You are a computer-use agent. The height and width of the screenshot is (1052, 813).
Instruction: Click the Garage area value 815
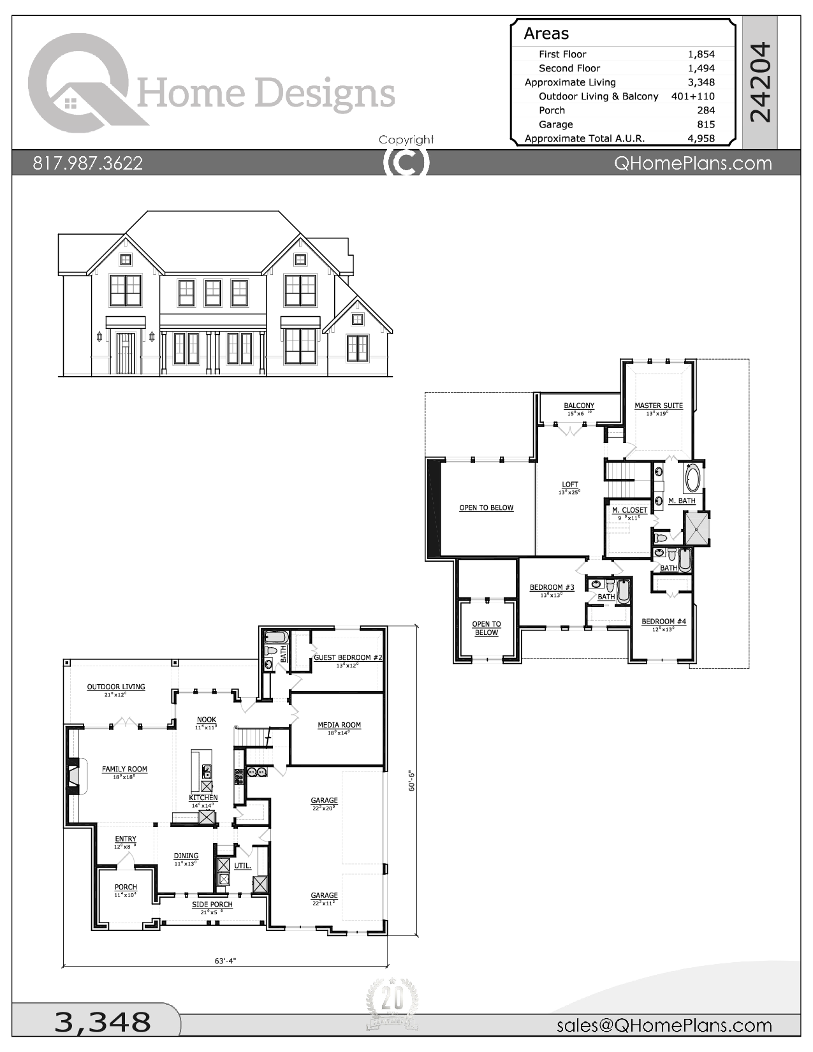[x=705, y=124]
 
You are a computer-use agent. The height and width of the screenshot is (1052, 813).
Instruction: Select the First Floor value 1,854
[x=701, y=54]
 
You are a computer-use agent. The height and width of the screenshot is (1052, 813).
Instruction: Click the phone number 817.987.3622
[x=87, y=163]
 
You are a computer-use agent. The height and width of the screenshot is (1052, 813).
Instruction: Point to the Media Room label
[x=339, y=725]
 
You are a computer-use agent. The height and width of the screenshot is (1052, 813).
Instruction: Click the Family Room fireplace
[x=74, y=775]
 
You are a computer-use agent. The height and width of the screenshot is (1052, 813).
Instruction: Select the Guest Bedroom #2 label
[x=348, y=657]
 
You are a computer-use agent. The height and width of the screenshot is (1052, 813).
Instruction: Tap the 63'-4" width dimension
[x=226, y=960]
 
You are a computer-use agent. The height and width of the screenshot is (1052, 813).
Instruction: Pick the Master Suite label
[x=658, y=405]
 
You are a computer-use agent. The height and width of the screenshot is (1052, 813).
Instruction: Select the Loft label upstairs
[x=569, y=485]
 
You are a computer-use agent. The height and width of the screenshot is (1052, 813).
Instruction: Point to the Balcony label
[x=578, y=405]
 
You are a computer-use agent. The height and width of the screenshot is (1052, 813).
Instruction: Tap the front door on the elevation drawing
[x=126, y=353]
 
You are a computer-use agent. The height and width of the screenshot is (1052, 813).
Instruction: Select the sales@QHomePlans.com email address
[x=664, y=1025]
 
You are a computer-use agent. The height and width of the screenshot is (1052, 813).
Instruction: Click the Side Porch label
[x=212, y=904]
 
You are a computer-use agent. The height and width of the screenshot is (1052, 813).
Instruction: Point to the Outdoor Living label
[x=116, y=687]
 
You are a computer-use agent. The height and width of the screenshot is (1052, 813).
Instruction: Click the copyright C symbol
[x=406, y=162]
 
